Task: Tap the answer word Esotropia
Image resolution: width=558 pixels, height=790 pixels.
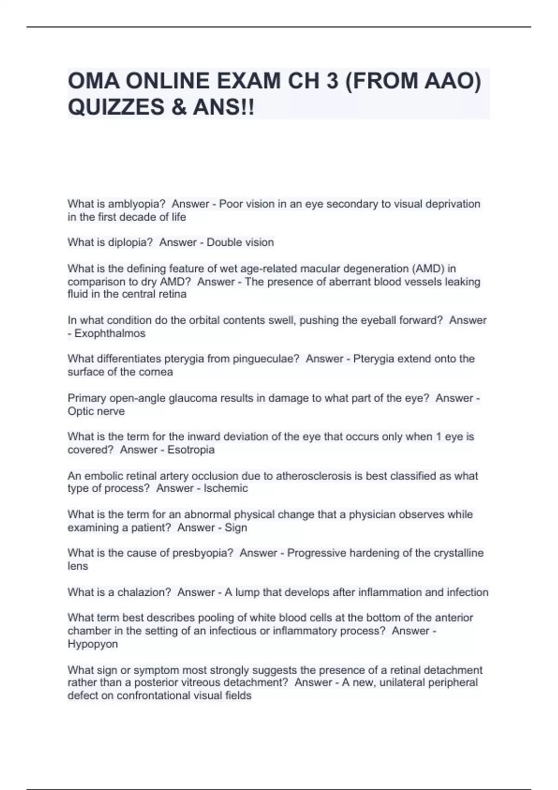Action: [x=191, y=450]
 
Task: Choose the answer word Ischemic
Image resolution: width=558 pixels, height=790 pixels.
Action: [x=226, y=488]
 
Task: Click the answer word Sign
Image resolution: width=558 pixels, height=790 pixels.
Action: [x=236, y=528]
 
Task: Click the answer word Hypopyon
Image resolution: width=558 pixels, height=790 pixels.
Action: [x=93, y=644]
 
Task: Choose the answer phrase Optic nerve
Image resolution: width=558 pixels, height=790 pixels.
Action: [x=96, y=411]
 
